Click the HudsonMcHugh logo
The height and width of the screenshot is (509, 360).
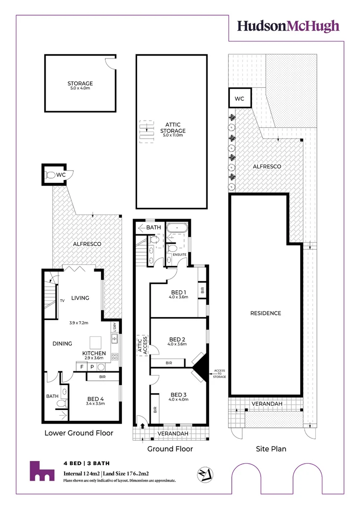tap(288, 26)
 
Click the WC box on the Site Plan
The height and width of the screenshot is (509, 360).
tap(239, 99)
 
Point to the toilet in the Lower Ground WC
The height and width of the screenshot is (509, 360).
tap(51, 175)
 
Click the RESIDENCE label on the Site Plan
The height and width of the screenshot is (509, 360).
tap(265, 313)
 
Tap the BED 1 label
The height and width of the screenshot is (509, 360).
tap(178, 292)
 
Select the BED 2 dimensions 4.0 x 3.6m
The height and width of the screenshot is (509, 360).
tap(178, 345)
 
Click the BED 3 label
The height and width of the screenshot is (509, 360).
tap(178, 394)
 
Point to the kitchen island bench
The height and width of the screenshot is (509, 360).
tap(96, 341)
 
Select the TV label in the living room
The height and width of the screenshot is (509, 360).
tap(62, 300)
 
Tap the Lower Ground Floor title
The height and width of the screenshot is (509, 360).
tap(79, 433)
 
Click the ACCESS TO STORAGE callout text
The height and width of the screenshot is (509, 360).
tap(219, 374)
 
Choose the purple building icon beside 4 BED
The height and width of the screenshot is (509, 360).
tap(41, 471)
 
